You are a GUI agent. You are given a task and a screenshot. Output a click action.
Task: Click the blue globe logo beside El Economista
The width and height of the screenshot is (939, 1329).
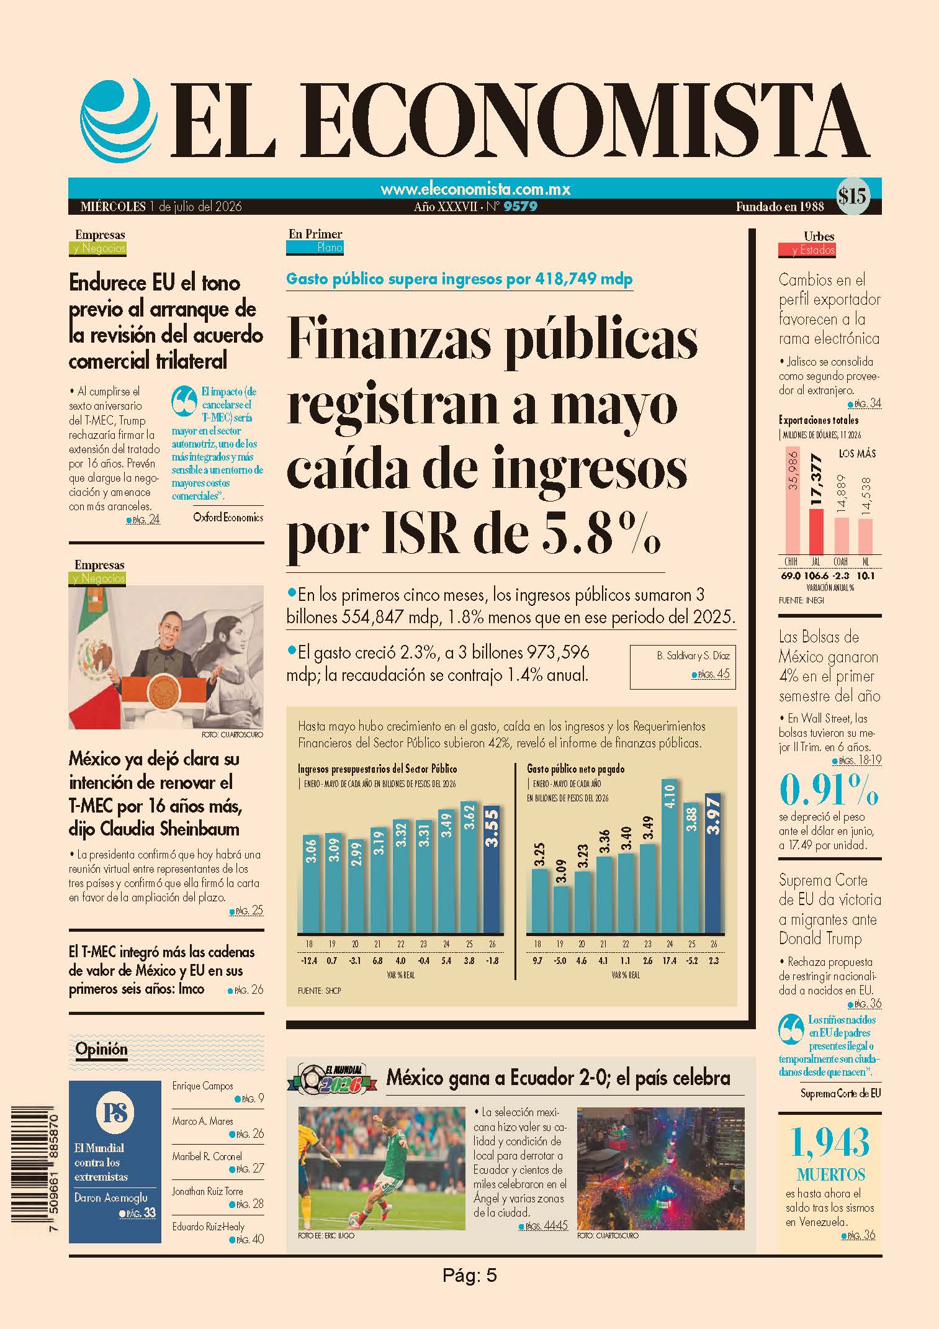pos(116,120)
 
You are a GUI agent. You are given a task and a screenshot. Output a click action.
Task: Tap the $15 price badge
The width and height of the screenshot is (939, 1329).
pos(852,197)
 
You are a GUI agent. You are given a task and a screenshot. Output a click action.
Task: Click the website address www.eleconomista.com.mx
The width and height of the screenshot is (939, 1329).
pos(475,189)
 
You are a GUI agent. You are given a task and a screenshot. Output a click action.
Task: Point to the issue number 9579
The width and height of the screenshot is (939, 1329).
pos(520,207)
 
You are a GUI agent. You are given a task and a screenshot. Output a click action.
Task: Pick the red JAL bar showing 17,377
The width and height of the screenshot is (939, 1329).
pos(816,531)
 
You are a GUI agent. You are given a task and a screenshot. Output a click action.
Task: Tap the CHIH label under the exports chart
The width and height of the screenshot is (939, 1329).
pos(791,562)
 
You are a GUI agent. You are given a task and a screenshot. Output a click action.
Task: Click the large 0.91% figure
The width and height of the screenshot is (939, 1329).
pos(829,790)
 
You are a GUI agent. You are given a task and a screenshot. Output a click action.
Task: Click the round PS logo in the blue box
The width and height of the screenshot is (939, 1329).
pos(115,1112)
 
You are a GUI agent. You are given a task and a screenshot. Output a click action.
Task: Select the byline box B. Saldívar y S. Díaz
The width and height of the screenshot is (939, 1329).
pos(683,667)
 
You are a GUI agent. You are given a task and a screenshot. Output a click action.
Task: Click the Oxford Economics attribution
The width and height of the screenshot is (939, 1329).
pos(228,517)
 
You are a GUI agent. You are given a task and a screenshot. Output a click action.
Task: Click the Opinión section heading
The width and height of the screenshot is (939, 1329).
pos(101,1049)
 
